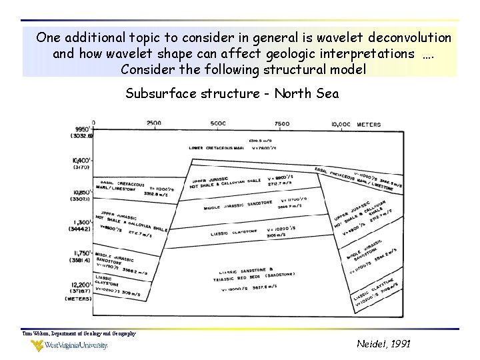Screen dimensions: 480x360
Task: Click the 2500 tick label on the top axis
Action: click(153, 123)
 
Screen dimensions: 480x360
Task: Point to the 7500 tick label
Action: click(281, 123)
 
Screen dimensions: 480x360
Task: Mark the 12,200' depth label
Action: click(80, 285)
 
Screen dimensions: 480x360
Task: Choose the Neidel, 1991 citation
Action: click(383, 344)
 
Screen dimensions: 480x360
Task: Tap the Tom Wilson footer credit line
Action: click(79, 333)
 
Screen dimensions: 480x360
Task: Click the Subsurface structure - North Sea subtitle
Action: click(232, 93)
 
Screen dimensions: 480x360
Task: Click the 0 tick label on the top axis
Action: click(93, 123)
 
